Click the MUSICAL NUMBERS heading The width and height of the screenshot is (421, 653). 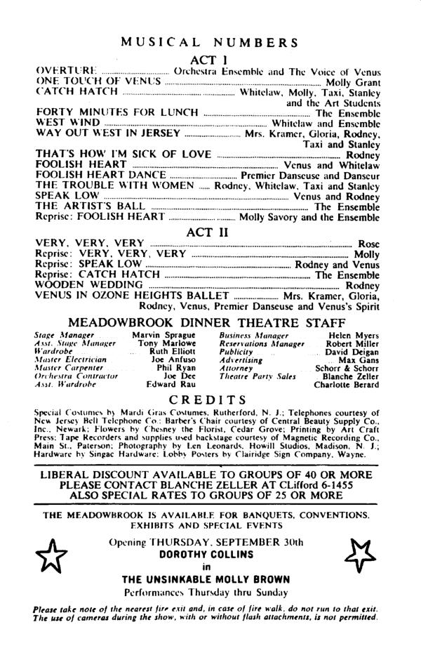209,42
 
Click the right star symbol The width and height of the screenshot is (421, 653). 363,555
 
